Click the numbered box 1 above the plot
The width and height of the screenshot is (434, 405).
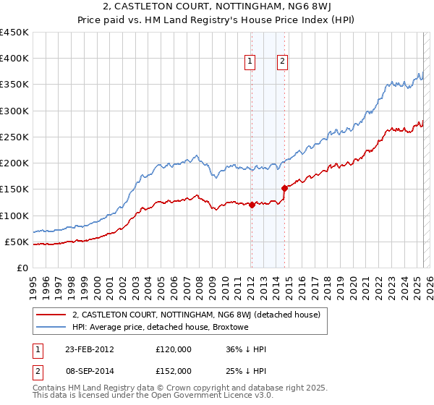(250, 61)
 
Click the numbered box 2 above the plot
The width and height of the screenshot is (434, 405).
(282, 61)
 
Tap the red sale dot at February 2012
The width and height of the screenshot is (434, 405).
(252, 205)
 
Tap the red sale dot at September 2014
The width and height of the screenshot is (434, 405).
(284, 188)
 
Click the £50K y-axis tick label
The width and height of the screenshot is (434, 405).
(17, 242)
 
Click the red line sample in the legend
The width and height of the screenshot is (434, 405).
(51, 315)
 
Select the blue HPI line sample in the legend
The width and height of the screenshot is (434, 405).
(51, 328)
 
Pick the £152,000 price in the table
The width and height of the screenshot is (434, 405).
(173, 370)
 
